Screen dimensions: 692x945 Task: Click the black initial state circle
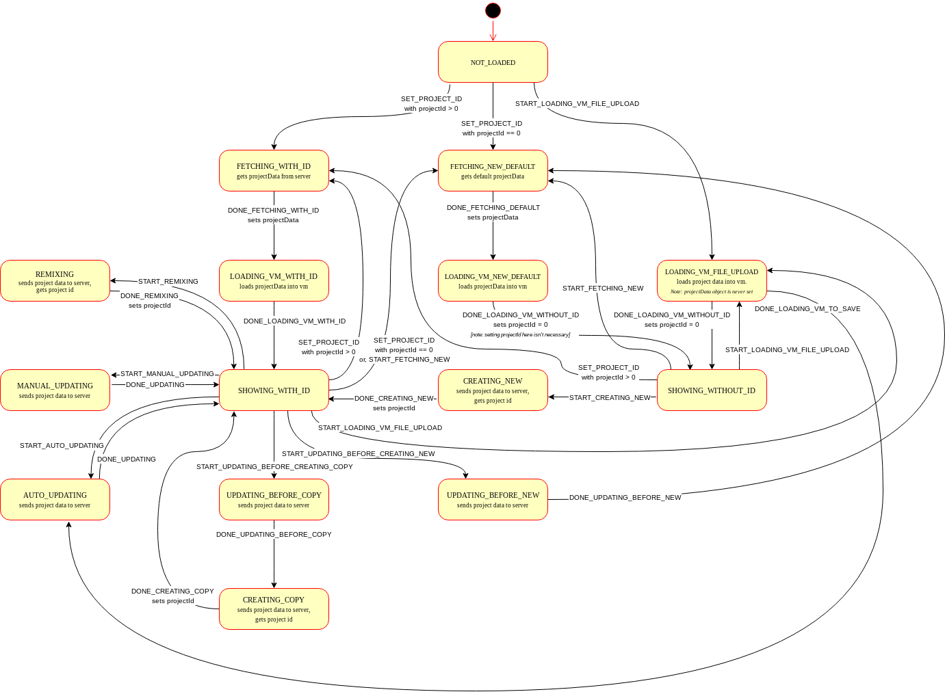(x=493, y=10)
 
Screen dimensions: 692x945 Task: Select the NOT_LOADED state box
(x=493, y=62)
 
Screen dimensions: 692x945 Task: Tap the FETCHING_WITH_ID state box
(x=274, y=171)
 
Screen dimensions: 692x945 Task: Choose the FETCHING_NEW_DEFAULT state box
(x=493, y=171)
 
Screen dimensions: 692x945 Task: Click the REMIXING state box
(x=55, y=281)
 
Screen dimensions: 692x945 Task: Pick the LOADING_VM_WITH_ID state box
(x=274, y=281)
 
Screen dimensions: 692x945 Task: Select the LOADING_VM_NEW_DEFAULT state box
(x=493, y=281)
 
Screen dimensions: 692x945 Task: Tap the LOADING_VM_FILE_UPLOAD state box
(x=712, y=281)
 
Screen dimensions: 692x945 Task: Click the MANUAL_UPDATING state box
(x=55, y=390)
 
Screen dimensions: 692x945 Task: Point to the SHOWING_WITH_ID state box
(x=274, y=390)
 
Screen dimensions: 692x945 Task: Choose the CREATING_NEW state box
(x=493, y=390)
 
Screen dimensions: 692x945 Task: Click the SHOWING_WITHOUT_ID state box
(x=712, y=390)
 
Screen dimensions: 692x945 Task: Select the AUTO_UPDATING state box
(x=55, y=500)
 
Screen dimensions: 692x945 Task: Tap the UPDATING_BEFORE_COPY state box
(x=274, y=500)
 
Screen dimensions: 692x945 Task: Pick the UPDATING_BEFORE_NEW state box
(x=493, y=500)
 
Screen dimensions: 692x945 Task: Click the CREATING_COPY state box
(x=274, y=609)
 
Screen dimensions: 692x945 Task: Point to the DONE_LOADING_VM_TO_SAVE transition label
(x=807, y=309)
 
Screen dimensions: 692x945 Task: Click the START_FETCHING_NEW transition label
(x=603, y=289)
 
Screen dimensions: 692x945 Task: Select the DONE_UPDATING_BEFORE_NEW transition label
(x=625, y=498)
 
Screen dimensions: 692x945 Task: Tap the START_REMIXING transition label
(x=168, y=282)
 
